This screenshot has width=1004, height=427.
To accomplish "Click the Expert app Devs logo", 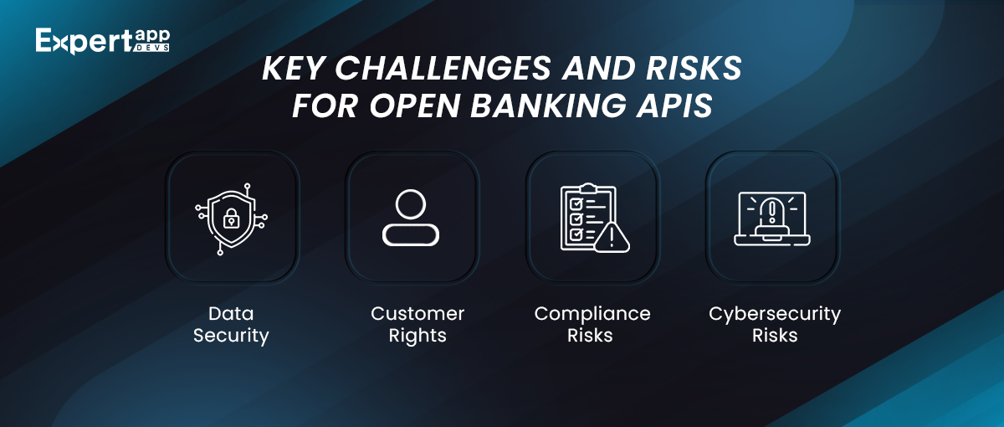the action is [x=103, y=41].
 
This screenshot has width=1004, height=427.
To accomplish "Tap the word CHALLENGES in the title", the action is [x=443, y=68].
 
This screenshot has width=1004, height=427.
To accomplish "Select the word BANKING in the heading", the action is [x=548, y=105].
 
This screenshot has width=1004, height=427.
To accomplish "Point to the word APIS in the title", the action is [x=674, y=105].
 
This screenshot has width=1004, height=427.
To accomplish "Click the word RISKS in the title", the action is [x=694, y=68].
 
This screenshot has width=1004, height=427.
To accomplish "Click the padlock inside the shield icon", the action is [x=231, y=218].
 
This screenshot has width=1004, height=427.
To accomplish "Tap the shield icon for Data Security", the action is [x=231, y=219].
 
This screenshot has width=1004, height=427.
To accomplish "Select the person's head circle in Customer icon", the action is [x=411, y=204].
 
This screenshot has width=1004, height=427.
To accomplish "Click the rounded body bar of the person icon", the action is [x=411, y=235].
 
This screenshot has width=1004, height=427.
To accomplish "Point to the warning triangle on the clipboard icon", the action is [x=612, y=237].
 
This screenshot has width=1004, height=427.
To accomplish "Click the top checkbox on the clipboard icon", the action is [x=576, y=204].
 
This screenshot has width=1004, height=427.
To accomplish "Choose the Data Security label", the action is [x=231, y=324].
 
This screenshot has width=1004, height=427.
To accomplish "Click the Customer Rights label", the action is [x=417, y=324].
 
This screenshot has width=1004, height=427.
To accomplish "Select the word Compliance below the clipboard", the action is [x=592, y=314].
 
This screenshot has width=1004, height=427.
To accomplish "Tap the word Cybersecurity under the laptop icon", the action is [x=775, y=314].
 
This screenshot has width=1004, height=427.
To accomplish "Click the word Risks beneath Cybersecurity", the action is [x=775, y=336].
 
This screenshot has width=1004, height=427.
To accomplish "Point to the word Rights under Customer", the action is [x=417, y=336].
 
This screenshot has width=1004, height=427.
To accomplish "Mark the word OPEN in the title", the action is [x=415, y=105].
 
